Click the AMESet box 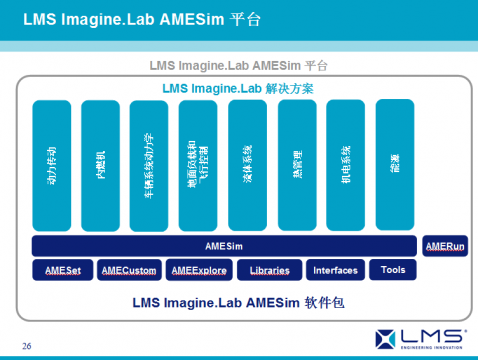coord(62,270)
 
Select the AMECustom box coord(130,270)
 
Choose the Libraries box coord(270,270)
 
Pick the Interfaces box coord(335,270)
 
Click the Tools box coord(393,270)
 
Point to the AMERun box coord(445,246)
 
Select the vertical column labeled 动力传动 coord(53,164)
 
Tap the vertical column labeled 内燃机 coord(102,164)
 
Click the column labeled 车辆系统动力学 coord(151,164)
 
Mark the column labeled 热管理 coord(298,164)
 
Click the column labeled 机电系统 coord(347,164)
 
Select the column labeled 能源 coord(395,164)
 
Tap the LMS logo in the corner coord(419,337)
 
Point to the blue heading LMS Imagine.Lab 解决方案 coord(238,89)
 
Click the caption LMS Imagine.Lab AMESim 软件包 coord(238,301)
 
